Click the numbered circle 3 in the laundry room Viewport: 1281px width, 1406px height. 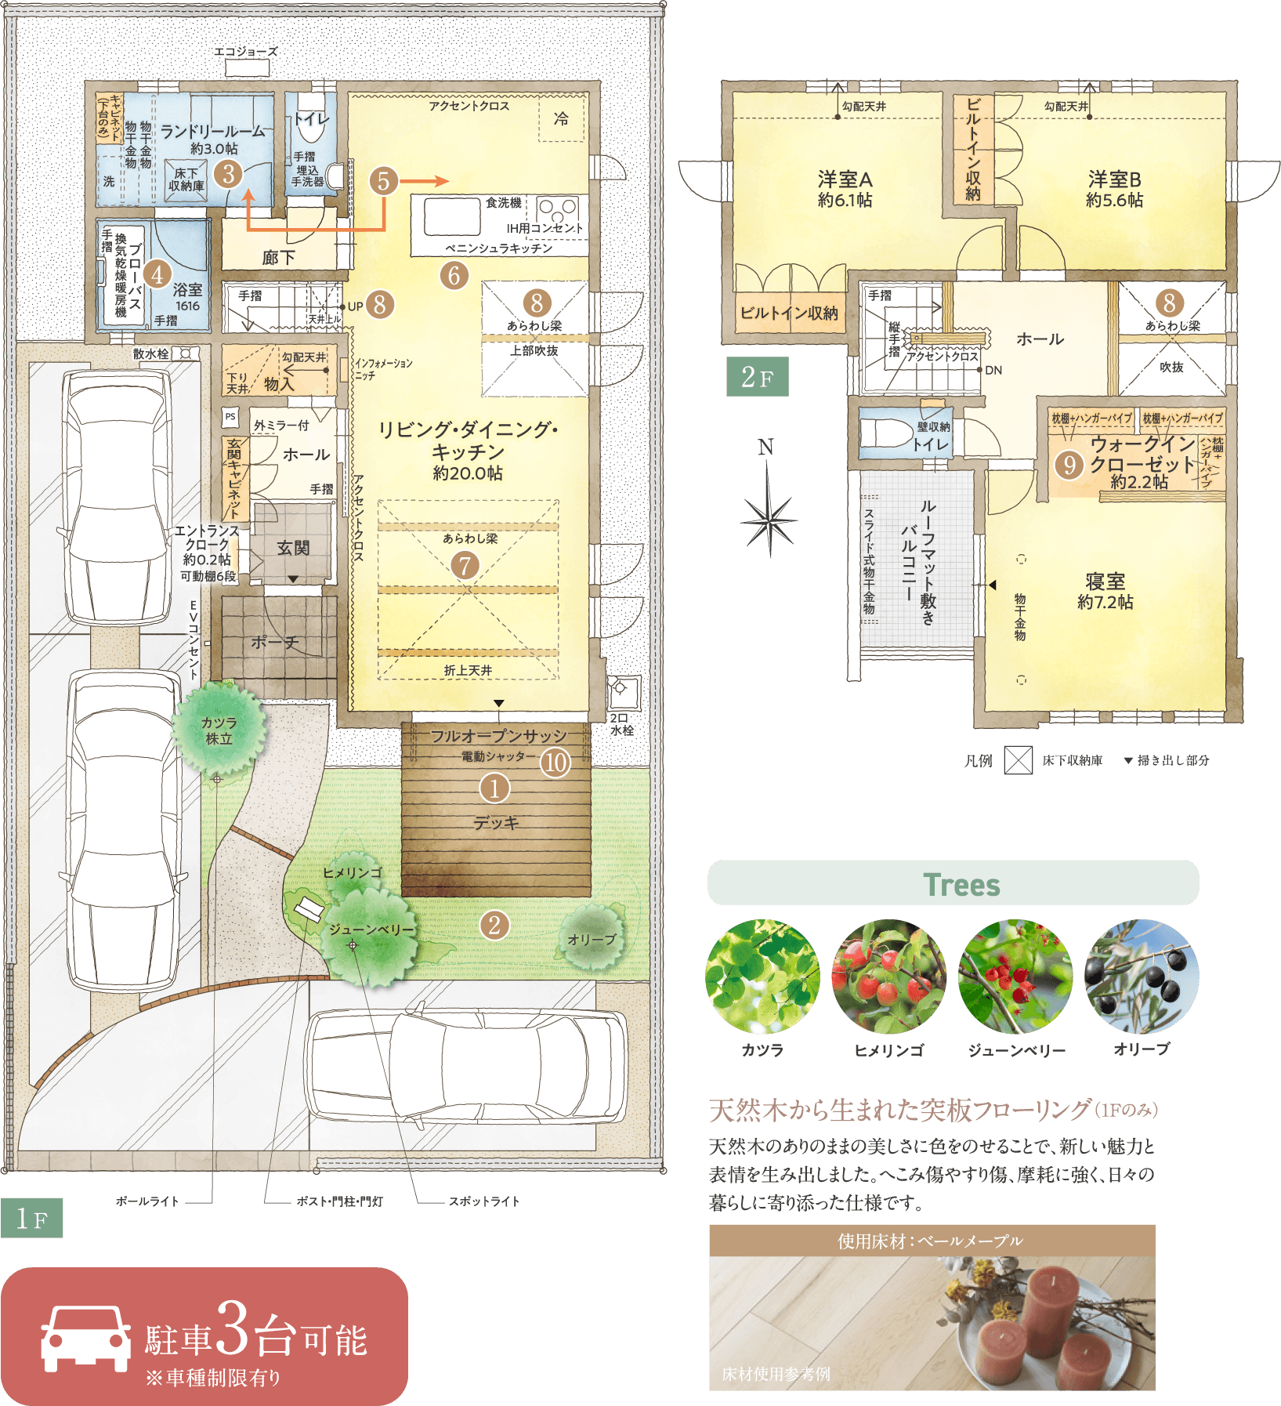[x=229, y=173]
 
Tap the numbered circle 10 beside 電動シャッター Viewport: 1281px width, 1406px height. [x=555, y=762]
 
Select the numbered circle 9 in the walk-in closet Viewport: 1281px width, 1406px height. [x=1069, y=465]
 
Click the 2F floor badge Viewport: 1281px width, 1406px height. [x=757, y=377]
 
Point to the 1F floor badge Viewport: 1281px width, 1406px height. [x=31, y=1218]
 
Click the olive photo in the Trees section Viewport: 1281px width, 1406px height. [x=1142, y=977]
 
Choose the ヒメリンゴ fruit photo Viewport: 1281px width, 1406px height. [x=889, y=977]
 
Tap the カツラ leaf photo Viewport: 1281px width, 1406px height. [x=762, y=977]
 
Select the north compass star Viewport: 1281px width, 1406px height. [x=769, y=520]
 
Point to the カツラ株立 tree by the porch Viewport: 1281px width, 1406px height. [x=219, y=729]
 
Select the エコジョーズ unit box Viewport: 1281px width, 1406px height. [x=248, y=68]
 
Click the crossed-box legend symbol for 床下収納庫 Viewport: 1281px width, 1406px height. [x=1019, y=760]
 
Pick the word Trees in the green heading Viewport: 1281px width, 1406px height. [x=961, y=885]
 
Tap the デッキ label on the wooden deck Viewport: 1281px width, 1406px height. [x=496, y=823]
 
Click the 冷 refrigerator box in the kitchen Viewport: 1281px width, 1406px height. [x=562, y=118]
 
